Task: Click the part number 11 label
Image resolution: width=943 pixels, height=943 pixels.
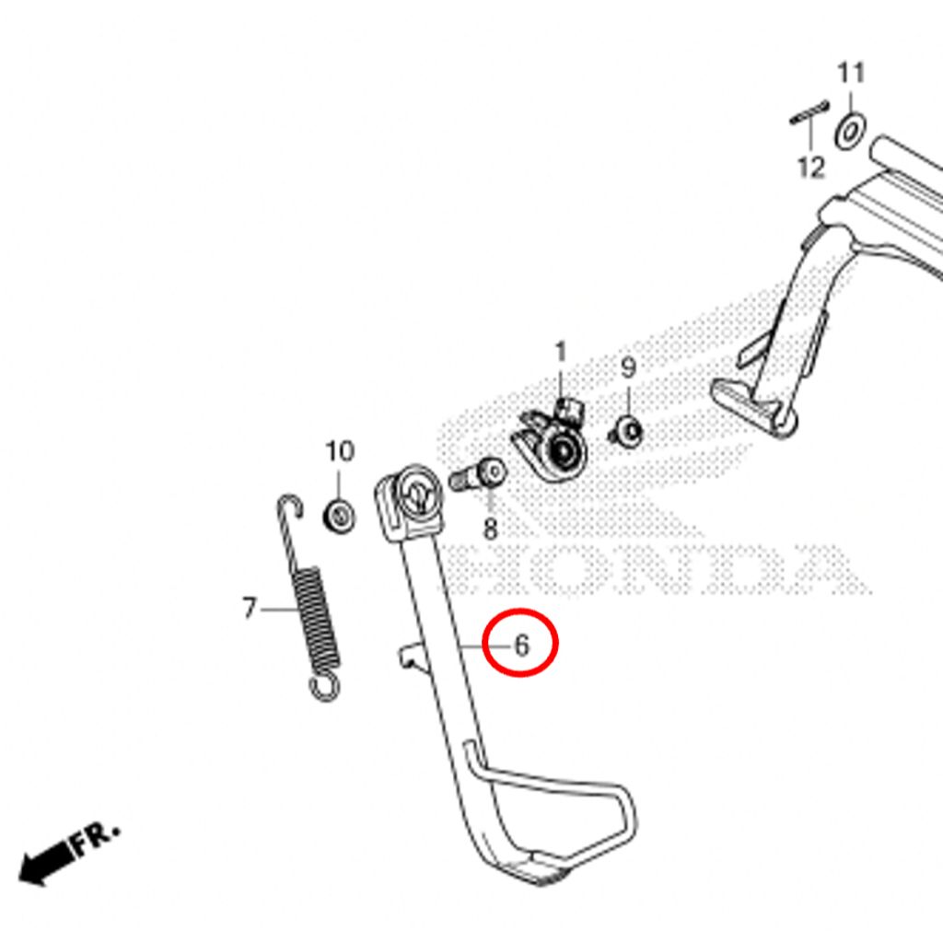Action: (851, 73)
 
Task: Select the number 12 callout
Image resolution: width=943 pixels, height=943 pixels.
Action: (810, 167)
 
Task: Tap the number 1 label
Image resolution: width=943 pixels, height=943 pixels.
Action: (561, 352)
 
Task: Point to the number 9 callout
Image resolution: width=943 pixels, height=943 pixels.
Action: (628, 367)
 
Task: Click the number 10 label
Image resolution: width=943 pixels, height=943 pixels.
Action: (340, 451)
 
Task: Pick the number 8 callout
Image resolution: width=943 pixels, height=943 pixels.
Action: (491, 530)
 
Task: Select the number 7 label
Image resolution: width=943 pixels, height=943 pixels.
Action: (250, 608)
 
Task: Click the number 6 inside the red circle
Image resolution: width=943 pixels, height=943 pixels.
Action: (521, 646)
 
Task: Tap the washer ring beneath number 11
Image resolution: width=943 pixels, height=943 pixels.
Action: (850, 131)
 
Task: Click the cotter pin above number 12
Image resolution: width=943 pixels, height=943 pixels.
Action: (809, 112)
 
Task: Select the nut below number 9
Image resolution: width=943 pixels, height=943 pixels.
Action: (627, 432)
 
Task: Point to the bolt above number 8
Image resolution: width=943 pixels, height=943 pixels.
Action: (478, 475)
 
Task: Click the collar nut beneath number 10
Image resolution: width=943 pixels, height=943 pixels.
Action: (339, 517)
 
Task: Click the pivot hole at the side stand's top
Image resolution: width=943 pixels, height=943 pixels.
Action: (419, 495)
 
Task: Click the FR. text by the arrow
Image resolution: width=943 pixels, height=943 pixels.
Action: (96, 837)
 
